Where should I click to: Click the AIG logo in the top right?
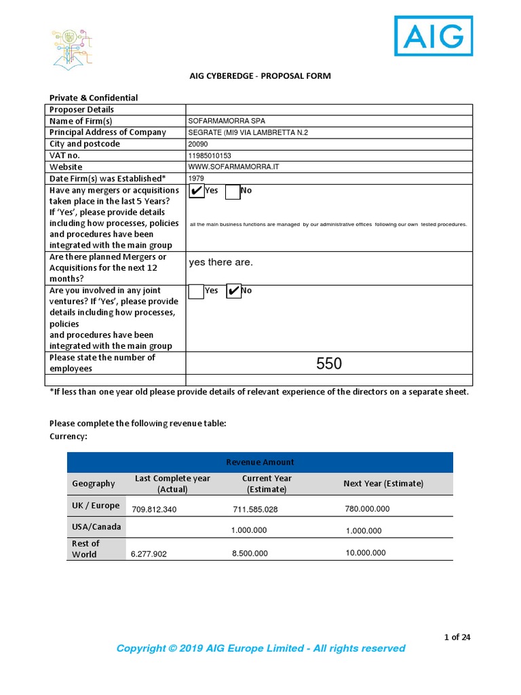(x=433, y=36)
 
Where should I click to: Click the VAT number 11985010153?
(x=214, y=155)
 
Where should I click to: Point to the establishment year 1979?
(x=197, y=179)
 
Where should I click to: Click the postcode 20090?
(x=199, y=144)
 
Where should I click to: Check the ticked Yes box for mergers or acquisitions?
(x=196, y=191)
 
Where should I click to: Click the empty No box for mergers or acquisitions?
(x=232, y=191)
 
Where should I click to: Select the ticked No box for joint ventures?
(x=233, y=291)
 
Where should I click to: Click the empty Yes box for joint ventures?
(x=196, y=291)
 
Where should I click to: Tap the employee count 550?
(x=329, y=364)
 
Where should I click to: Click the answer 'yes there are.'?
(x=220, y=263)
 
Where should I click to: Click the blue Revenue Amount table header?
(x=260, y=462)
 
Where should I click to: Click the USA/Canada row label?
(x=96, y=527)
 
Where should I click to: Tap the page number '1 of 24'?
(x=457, y=637)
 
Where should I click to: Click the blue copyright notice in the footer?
(x=260, y=649)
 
